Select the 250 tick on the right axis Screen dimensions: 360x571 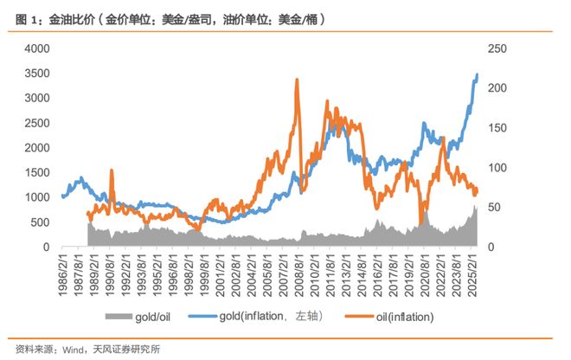tap(500, 49)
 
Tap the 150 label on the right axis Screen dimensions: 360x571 tap(500, 129)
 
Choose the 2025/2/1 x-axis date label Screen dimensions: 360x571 tap(471, 274)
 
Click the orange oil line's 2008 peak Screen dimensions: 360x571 tap(297, 80)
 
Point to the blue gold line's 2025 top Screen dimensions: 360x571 tap(477, 75)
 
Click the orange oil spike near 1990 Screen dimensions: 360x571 tap(111, 171)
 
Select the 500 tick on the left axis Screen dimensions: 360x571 tap(38, 222)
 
